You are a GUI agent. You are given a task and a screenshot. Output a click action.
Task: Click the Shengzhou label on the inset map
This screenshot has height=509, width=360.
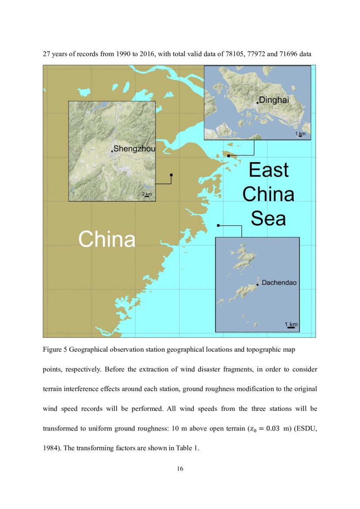[x=134, y=149]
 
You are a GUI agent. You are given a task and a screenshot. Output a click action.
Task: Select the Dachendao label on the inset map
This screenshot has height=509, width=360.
[x=279, y=283]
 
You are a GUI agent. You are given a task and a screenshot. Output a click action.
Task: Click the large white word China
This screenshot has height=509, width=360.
[x=107, y=239]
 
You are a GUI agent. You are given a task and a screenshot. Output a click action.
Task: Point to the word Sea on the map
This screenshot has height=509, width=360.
[x=269, y=218]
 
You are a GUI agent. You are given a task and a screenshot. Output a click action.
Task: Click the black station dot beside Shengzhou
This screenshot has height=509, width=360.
[x=112, y=151]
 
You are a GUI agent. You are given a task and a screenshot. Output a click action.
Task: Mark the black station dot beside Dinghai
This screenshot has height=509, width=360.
[x=258, y=102]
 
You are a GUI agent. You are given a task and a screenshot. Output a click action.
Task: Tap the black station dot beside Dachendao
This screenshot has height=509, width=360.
[x=258, y=285]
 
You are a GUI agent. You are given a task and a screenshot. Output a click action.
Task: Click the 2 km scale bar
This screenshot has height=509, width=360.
[x=147, y=196]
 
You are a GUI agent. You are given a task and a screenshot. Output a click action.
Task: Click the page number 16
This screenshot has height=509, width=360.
[x=180, y=469]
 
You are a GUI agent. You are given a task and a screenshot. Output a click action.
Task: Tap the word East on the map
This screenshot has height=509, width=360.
[x=269, y=170]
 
